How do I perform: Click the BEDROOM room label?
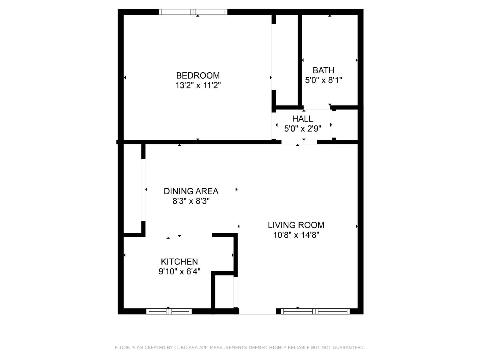pyautogui.click(x=198, y=75)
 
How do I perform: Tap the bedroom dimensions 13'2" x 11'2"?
pyautogui.click(x=198, y=85)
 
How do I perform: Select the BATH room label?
pyautogui.click(x=323, y=70)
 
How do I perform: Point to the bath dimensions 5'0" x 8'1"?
pyautogui.click(x=323, y=80)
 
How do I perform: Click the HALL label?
pyautogui.click(x=303, y=119)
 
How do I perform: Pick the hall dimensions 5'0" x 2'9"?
pyautogui.click(x=303, y=129)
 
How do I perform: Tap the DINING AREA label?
pyautogui.click(x=191, y=191)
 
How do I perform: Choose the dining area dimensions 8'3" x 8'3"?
pyautogui.click(x=191, y=201)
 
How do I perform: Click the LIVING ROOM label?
pyautogui.click(x=296, y=225)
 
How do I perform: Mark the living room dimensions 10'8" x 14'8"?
pyautogui.click(x=296, y=235)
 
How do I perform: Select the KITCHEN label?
pyautogui.click(x=179, y=262)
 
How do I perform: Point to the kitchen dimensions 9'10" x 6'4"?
pyautogui.click(x=179, y=271)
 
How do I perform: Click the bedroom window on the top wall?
pyautogui.click(x=193, y=12)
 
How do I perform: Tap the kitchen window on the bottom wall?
pyautogui.click(x=169, y=311)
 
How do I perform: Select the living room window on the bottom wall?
pyautogui.click(x=315, y=311)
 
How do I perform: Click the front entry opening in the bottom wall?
pyautogui.click(x=257, y=312)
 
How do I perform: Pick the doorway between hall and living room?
pyautogui.click(x=299, y=142)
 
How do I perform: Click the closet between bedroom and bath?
pyautogui.click(x=286, y=60)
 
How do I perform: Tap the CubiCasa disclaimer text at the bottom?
pyautogui.click(x=240, y=347)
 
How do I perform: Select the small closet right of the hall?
pyautogui.click(x=346, y=124)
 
